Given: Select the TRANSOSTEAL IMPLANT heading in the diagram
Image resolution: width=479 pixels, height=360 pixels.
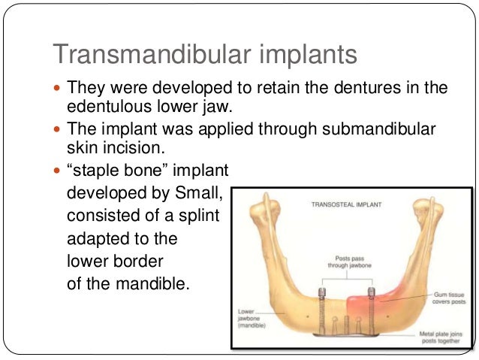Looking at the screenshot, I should (346, 204).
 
